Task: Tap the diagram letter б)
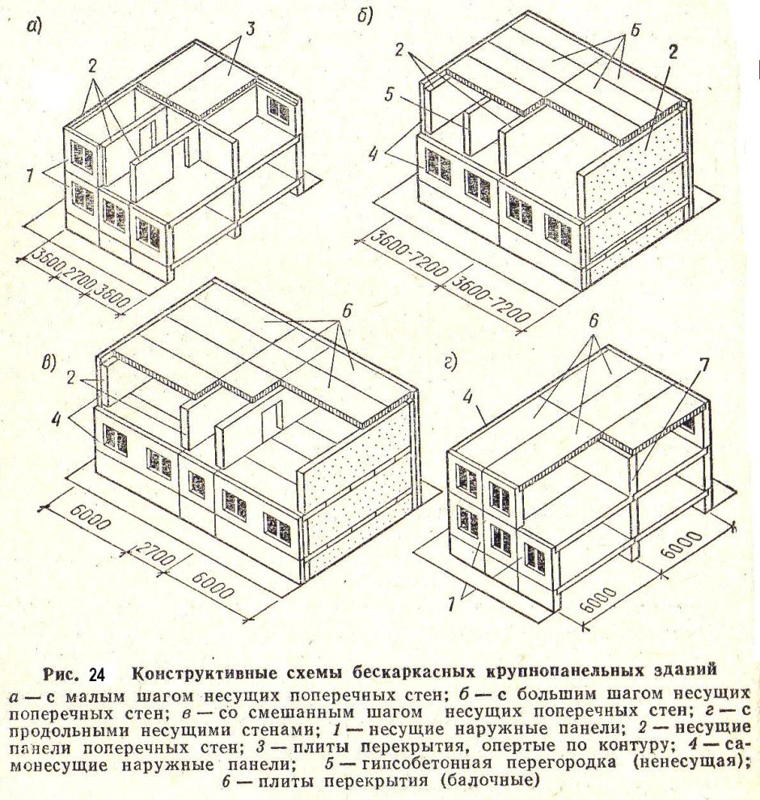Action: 365,15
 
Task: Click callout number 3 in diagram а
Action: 250,28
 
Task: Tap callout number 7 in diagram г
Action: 704,365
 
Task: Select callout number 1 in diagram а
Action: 30,176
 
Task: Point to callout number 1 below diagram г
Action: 451,604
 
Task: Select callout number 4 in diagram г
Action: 467,396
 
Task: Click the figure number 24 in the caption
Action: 96,675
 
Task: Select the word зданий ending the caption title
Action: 686,670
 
